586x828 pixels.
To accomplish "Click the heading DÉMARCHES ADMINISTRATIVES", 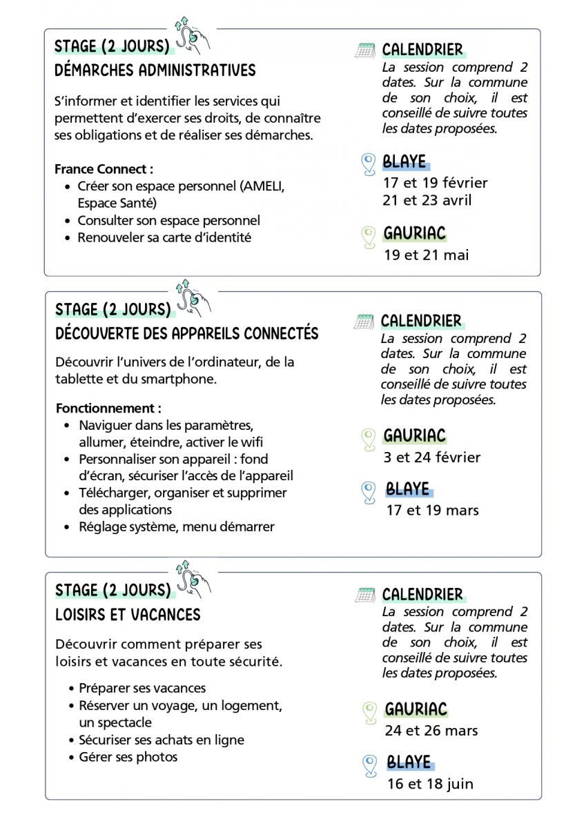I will point(155,70).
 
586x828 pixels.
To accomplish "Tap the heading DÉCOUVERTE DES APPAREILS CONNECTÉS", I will point(187,334).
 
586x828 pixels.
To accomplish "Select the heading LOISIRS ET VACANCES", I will point(128,615).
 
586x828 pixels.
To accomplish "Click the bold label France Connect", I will point(104,169).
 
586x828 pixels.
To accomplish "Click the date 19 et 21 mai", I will point(426,255).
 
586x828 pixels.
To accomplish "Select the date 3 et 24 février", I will point(432,457).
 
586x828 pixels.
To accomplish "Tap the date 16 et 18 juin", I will point(430,784).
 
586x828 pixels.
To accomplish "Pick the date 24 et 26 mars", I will point(431,730).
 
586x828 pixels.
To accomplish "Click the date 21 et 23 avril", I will point(428,201).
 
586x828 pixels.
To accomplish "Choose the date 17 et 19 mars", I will point(432,511).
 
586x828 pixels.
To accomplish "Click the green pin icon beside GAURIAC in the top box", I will point(369,236).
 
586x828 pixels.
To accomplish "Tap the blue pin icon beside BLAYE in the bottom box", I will point(370,765).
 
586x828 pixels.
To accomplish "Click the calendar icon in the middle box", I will point(364,322).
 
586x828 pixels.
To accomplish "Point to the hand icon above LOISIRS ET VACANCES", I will point(193,578).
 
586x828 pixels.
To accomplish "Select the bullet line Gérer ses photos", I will point(128,757).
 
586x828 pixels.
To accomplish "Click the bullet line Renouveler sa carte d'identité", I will point(164,237).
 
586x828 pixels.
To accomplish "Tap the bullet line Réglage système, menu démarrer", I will point(176,526).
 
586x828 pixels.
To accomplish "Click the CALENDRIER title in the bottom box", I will point(422,595).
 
